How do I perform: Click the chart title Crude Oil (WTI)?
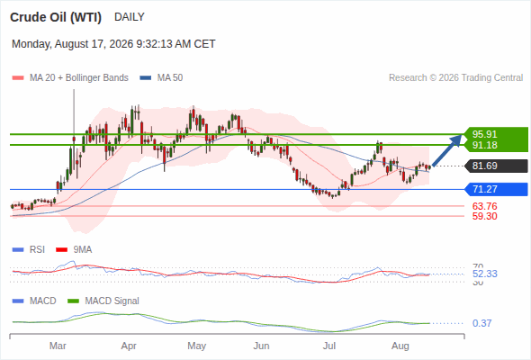56,17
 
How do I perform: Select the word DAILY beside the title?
130,17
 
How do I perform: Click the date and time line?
113,44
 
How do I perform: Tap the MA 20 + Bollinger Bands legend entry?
70,78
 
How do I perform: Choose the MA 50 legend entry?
161,78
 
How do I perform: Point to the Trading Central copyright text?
455,78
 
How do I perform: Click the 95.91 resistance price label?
484,134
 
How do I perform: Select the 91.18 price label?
484,145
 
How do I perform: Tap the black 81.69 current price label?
484,166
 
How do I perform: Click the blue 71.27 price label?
484,189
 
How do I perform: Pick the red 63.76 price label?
484,206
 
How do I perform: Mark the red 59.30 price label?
484,216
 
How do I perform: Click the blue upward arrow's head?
456,139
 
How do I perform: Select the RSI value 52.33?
485,274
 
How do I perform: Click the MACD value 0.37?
481,323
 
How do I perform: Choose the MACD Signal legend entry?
103,301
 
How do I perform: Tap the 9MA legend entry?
74,249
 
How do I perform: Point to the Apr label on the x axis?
129,346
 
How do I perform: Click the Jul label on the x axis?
329,346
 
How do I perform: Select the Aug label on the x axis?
400,346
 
